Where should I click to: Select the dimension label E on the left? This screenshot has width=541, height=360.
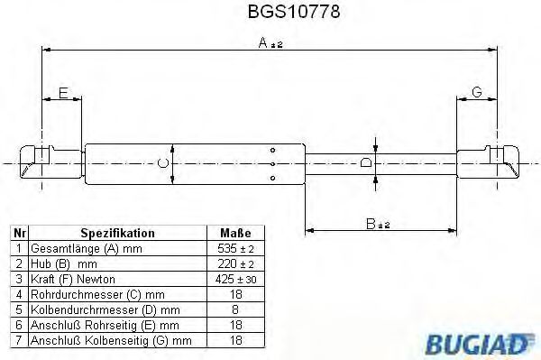[63, 93]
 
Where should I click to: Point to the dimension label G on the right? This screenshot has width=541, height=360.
[477, 93]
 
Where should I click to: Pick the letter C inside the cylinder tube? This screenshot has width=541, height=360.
[161, 162]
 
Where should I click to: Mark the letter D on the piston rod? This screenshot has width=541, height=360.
[364, 162]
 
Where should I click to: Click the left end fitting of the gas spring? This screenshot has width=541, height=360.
[37, 162]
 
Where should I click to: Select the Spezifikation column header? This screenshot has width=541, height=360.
[117, 232]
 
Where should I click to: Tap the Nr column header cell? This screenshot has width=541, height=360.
[17, 232]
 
